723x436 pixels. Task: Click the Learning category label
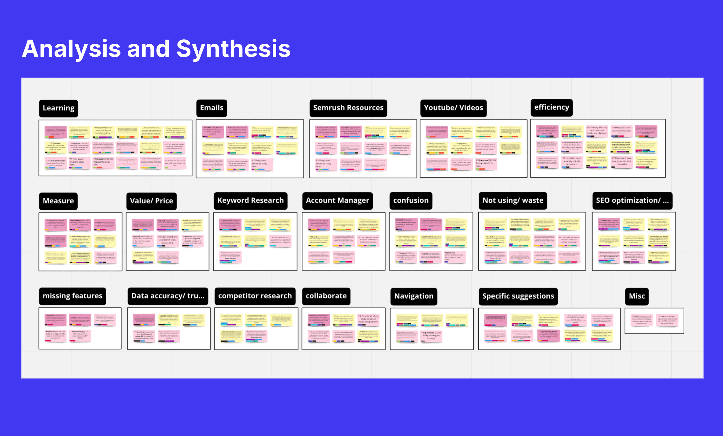58,108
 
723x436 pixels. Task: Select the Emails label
212,108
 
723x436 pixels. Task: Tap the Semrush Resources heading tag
348,108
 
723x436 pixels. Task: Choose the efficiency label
551,107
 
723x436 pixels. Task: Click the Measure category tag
58,201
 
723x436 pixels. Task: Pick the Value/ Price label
151,201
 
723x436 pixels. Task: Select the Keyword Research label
250,200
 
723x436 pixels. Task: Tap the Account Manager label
337,200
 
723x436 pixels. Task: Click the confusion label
410,200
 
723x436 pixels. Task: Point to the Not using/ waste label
513,200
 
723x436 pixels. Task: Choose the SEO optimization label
632,200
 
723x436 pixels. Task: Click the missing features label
72,296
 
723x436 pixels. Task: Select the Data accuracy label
168,296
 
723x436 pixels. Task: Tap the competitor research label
255,296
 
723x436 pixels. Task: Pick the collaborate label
326,296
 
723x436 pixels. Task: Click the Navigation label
413,296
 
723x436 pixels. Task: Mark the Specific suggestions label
518,296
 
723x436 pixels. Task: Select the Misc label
637,296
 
